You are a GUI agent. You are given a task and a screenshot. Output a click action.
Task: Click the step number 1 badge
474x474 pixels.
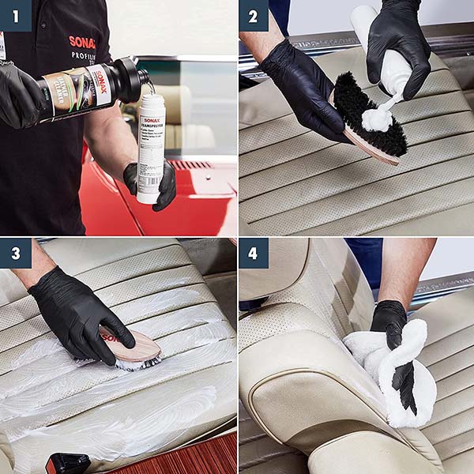coord(15,15)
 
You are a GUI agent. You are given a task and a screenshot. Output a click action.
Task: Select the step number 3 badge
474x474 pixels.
coord(15,254)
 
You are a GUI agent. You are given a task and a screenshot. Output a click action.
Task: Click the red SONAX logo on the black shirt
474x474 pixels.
coord(81,42)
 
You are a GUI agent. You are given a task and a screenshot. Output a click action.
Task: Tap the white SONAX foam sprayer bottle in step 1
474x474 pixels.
coord(151,146)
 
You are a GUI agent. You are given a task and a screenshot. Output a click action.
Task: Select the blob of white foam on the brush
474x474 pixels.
coord(377,119)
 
